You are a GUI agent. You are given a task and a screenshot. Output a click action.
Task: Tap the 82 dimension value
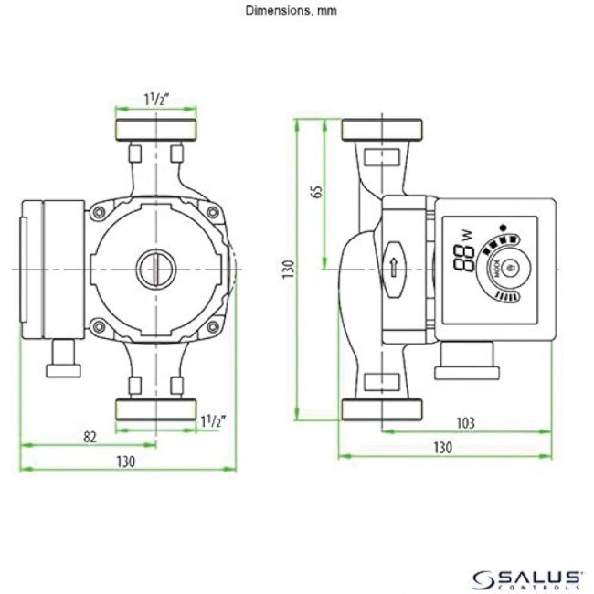90,437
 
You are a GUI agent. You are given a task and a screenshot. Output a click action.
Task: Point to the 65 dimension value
315,194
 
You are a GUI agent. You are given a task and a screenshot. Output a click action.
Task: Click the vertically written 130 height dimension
289,270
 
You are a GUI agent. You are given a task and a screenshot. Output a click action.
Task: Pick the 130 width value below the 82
125,461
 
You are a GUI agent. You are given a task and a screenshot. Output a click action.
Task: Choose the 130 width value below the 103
442,447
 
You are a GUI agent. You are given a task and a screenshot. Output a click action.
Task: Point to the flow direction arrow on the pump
394,268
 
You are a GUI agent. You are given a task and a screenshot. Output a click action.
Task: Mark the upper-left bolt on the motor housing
96,213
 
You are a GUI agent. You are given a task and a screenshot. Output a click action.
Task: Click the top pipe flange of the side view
381,130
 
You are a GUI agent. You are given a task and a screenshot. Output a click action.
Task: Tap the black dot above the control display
502,226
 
